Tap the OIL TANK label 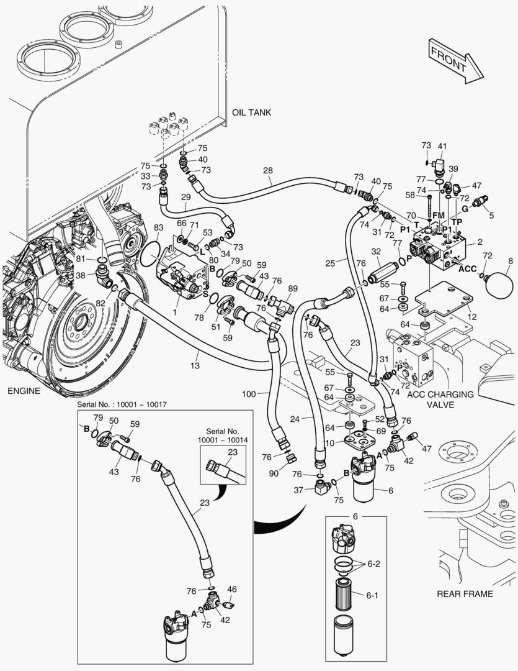pos(251,112)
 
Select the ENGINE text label pos(24,391)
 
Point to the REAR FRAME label pos(465,593)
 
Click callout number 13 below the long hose pos(195,366)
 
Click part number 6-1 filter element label pos(372,595)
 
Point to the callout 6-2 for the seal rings pos(373,564)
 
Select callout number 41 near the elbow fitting pos(442,147)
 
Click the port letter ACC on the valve pos(467,270)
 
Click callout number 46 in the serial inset pos(232,589)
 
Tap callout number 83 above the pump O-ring pos(159,228)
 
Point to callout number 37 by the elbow pos(299,490)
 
